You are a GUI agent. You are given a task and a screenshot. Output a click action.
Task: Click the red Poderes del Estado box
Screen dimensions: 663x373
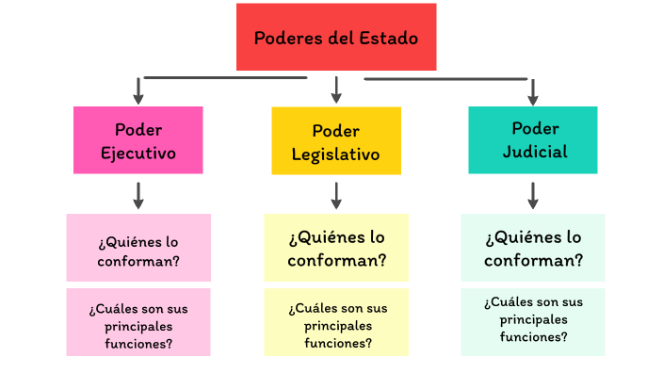point(336,37)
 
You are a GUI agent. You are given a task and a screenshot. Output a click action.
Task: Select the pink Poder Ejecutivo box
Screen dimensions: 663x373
point(138,140)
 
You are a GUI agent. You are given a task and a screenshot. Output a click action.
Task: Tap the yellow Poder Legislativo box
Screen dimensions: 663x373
point(336,140)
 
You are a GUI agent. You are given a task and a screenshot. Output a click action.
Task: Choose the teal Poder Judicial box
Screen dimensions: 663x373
point(533,140)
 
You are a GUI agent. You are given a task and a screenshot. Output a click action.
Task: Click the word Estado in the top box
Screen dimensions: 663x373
point(389,38)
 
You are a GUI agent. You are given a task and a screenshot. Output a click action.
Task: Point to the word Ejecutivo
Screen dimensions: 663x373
point(138,154)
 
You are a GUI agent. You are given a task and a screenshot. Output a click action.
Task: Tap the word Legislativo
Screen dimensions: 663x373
point(335,154)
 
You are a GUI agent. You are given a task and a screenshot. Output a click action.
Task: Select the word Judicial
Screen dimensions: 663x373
point(535,152)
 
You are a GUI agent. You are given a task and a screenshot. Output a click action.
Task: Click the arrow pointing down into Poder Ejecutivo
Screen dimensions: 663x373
point(138,91)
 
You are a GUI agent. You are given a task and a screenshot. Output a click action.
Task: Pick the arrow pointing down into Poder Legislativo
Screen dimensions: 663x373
point(336,89)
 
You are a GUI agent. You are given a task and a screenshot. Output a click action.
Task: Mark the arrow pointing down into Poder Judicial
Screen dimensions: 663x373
point(533,92)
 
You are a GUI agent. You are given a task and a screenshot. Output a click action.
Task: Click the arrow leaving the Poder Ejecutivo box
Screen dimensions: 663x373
point(138,195)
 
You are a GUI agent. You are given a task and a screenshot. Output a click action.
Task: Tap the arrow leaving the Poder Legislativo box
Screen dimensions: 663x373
point(336,195)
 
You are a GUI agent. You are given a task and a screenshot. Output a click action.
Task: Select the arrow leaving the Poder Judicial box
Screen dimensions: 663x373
point(533,195)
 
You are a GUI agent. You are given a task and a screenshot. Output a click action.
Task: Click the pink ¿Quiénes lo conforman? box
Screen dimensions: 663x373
point(138,248)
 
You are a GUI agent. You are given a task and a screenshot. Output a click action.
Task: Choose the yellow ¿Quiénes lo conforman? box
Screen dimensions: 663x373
point(336,248)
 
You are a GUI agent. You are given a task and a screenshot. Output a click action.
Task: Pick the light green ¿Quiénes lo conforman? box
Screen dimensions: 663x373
point(533,248)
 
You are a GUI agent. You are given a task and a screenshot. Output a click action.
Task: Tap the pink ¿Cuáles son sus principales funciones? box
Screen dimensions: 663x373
point(138,322)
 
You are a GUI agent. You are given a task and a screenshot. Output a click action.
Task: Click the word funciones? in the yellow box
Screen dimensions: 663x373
point(338,343)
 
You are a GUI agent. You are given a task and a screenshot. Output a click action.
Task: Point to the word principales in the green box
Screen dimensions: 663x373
point(534,320)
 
